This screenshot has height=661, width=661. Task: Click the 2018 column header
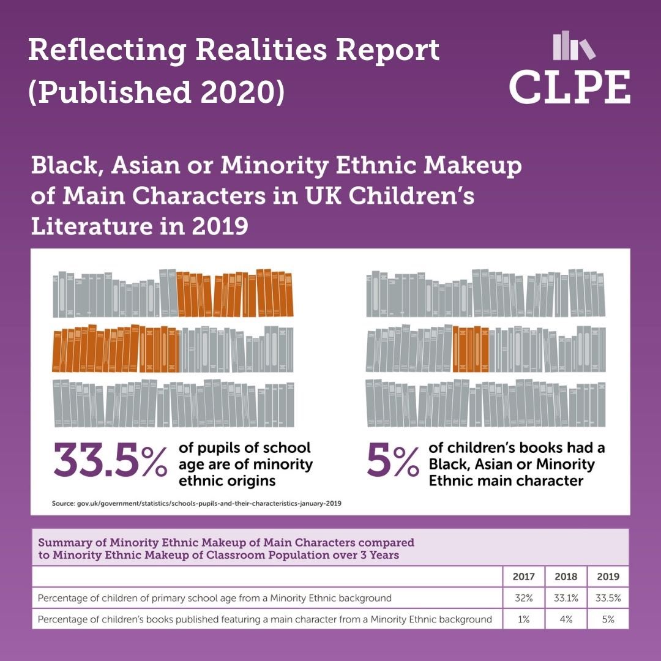566,576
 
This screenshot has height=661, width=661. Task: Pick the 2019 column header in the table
608,576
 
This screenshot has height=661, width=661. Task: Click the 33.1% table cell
566,597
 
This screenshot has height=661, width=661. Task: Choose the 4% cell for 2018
566,619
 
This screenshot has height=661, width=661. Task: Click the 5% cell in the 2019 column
608,619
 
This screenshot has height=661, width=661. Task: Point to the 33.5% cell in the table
608,597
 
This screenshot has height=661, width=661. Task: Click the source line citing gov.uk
196,504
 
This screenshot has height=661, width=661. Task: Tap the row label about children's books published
264,619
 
